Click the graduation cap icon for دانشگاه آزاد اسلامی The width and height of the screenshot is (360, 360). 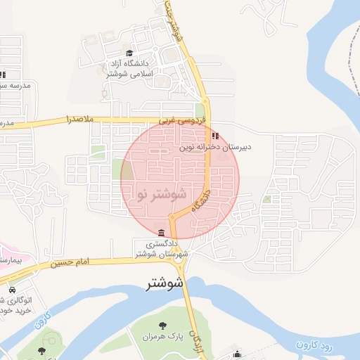pos(129,53)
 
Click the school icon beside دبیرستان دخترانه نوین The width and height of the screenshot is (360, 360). pos(215,136)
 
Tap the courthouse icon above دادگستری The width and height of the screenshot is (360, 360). pos(162,233)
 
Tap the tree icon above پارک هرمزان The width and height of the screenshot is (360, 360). pos(163,325)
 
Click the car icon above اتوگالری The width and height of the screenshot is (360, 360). pos(13,290)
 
